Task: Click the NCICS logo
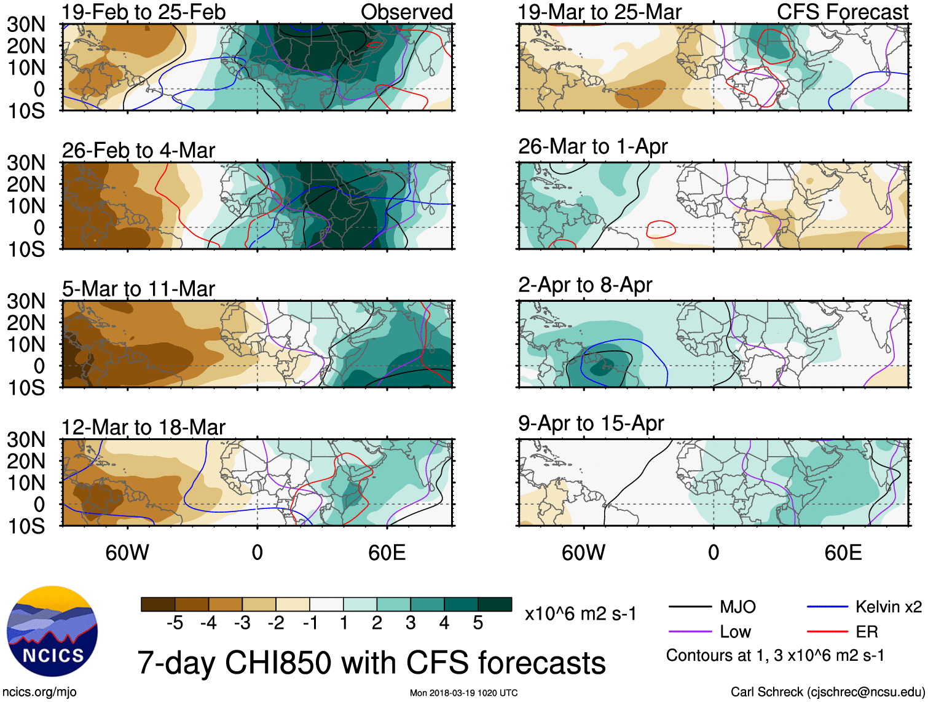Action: [x=52, y=631]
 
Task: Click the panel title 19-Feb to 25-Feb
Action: [x=144, y=12]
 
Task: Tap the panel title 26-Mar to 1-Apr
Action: [x=592, y=147]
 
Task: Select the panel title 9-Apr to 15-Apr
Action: [x=591, y=424]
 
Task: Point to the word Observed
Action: [x=406, y=12]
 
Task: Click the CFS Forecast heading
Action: [x=842, y=12]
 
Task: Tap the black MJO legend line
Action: [x=690, y=607]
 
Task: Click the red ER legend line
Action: [x=827, y=631]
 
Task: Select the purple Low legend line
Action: [x=690, y=631]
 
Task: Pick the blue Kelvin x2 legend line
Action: [x=827, y=607]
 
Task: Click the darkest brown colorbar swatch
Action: [x=158, y=604]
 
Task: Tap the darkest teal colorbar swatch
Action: [x=495, y=604]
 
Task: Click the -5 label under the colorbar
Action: [x=175, y=623]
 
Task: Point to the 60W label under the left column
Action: [x=127, y=553]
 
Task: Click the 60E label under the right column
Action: [x=843, y=553]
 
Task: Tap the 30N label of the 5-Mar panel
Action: [x=26, y=301]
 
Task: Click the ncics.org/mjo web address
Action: [x=39, y=692]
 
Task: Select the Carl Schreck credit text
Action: [x=827, y=692]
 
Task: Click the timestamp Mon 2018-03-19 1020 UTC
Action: [x=463, y=693]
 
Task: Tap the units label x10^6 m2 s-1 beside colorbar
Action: [x=580, y=614]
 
